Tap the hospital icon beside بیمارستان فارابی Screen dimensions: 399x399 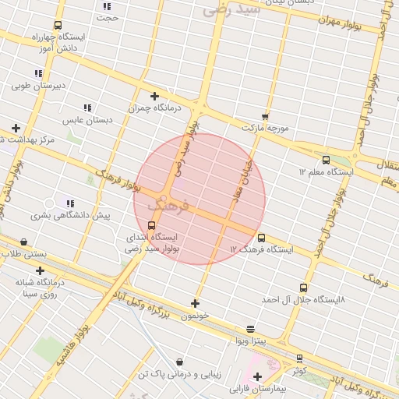tap(256, 377)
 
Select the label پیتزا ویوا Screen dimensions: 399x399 tap(250, 341)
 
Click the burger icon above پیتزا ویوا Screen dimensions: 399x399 tap(250, 329)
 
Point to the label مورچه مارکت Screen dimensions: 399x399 tap(265, 126)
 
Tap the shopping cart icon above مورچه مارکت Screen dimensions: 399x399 tap(265, 115)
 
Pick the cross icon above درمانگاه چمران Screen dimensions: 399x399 tap(154, 96)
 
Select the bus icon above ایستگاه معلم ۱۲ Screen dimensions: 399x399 tap(326, 160)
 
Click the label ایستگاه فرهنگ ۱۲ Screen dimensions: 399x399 tap(261, 250)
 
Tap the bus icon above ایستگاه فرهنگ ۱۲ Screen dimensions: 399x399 tap(260, 238)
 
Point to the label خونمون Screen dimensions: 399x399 tap(195, 316)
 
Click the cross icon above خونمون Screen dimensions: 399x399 tap(195, 304)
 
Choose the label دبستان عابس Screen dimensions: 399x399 tap(87, 120)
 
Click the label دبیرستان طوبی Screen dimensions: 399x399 tap(37, 86)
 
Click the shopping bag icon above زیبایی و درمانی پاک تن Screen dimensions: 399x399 tap(181, 362)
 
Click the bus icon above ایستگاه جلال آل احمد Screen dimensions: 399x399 tap(304, 288)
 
